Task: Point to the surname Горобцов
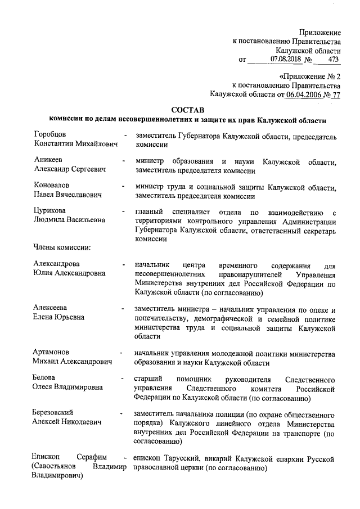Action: pyautogui.click(x=50, y=135)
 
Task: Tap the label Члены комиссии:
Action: pyautogui.click(x=62, y=246)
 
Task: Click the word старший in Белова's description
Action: pyautogui.click(x=148, y=379)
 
